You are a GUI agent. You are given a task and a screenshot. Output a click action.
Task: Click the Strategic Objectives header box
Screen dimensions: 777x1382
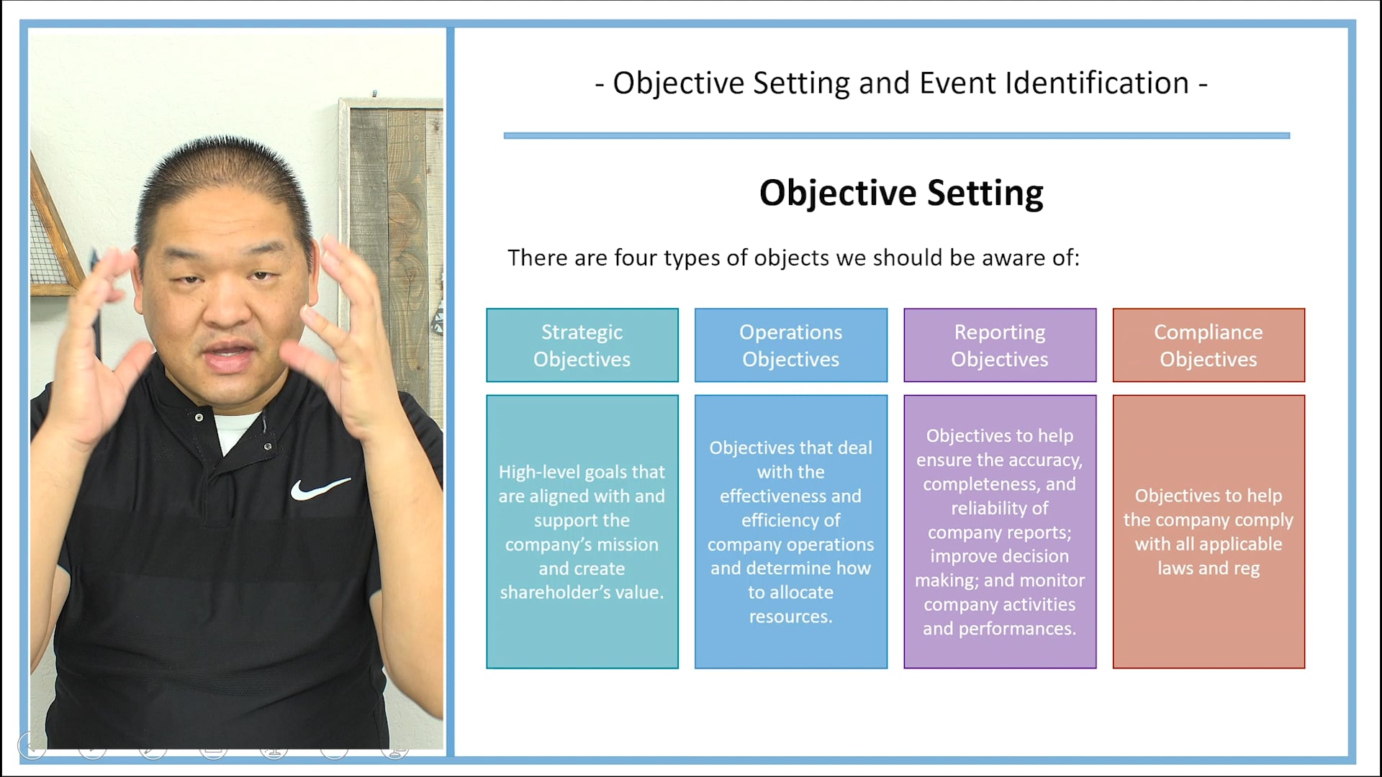(x=582, y=345)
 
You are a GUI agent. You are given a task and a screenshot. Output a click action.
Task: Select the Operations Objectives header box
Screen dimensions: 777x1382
(x=790, y=345)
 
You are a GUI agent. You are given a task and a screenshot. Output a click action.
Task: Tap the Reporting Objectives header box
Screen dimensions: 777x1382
(x=1000, y=345)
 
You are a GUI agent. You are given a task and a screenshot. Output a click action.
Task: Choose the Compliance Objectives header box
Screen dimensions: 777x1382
(x=1209, y=345)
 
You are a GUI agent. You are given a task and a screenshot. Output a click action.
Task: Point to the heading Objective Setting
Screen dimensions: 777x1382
(x=901, y=193)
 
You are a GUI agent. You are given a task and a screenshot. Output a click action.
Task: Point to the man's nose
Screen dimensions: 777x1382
(x=229, y=306)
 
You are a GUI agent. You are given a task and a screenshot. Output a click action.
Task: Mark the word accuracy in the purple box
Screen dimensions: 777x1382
(x=1047, y=460)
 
